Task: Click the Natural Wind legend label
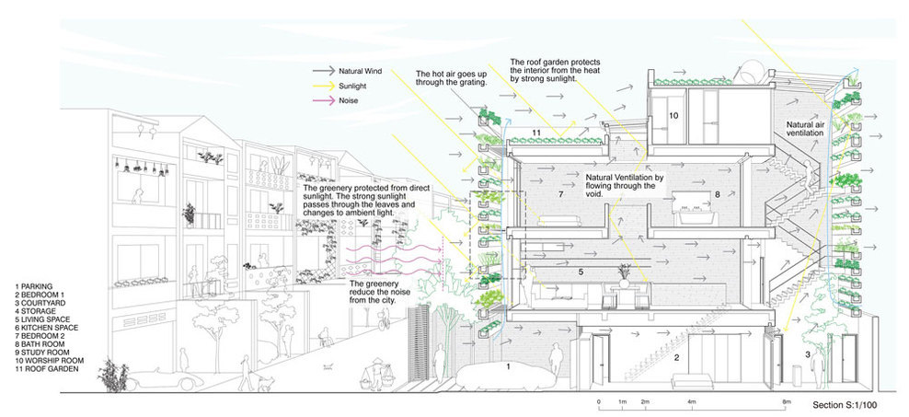click(x=362, y=70)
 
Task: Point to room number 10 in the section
click(x=673, y=117)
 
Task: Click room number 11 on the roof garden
click(x=536, y=134)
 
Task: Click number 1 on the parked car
click(x=507, y=366)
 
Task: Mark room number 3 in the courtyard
click(x=806, y=353)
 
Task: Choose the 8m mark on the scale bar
click(x=785, y=401)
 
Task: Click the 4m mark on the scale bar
click(x=692, y=401)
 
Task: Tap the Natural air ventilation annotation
click(x=808, y=128)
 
